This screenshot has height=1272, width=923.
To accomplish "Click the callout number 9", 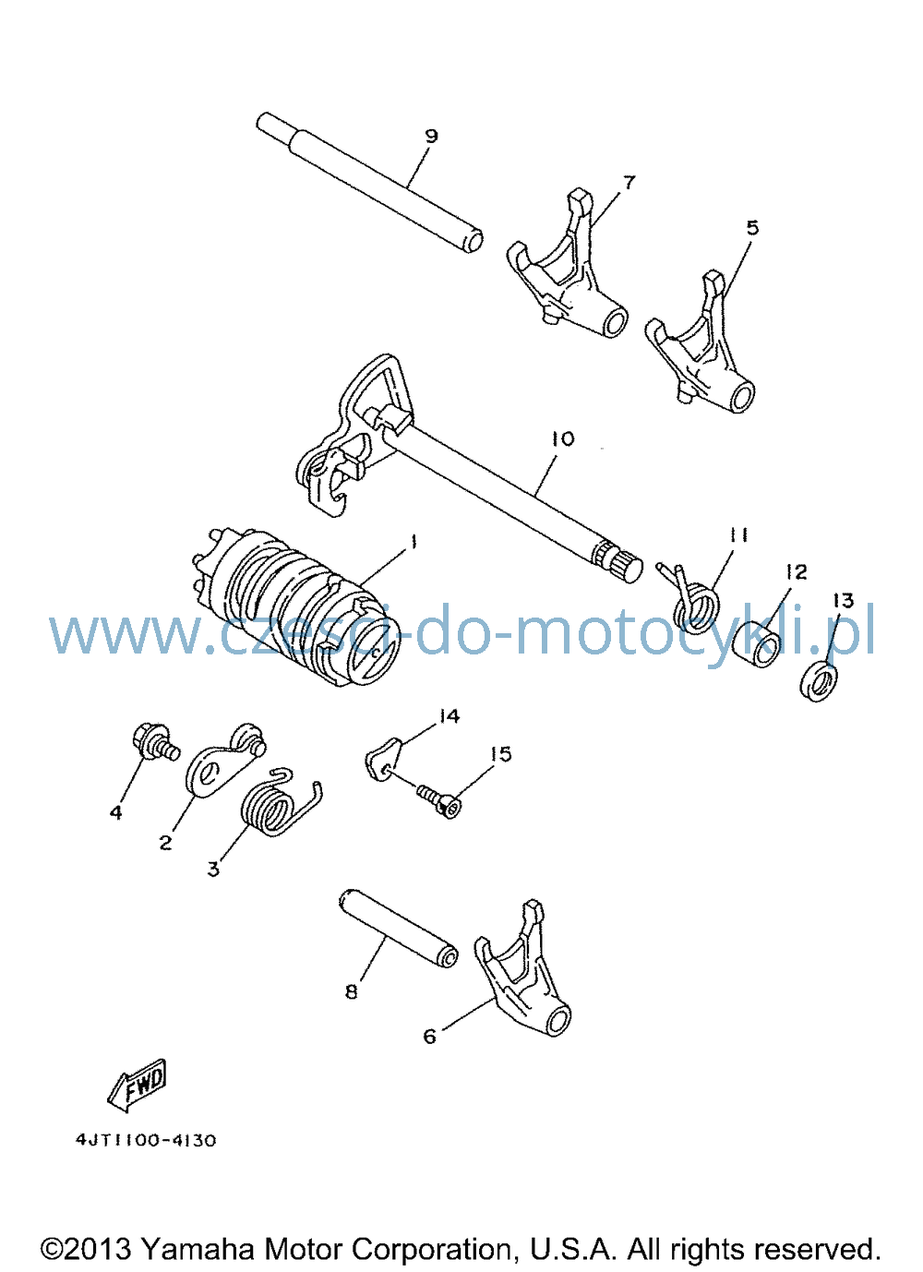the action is pos(431,137).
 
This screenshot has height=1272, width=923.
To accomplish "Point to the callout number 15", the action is pos(501,754).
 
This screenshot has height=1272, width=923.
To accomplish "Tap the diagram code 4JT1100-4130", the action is pos(147,1140).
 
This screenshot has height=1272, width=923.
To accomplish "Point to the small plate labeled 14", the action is pos(384,758).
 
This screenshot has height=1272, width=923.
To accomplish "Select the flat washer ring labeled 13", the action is pos(819,680).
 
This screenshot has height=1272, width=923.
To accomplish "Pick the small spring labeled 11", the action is pos(692,599).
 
